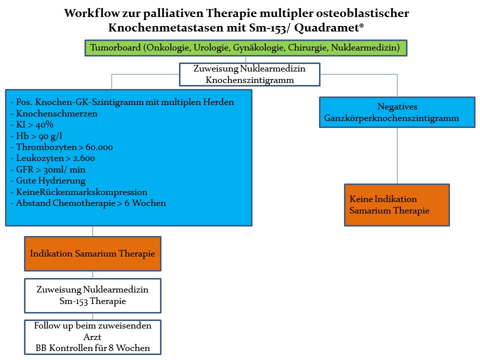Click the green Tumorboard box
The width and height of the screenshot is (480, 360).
click(x=246, y=48)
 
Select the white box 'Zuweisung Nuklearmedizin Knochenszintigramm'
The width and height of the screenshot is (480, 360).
click(x=249, y=74)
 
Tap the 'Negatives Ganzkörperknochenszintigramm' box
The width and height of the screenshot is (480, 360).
click(x=397, y=112)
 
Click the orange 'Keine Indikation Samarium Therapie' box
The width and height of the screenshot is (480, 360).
click(x=396, y=205)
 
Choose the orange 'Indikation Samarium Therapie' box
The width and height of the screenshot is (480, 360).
click(x=93, y=254)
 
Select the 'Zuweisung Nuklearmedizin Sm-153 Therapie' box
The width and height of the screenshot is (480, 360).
click(x=93, y=295)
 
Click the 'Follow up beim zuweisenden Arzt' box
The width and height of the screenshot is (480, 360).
click(x=93, y=337)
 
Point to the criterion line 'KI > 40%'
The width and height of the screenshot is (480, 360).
click(x=32, y=124)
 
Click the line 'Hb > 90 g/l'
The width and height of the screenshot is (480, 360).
click(x=36, y=136)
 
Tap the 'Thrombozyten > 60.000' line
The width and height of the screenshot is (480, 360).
click(x=62, y=147)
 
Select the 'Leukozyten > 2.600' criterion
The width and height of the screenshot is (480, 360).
click(x=52, y=158)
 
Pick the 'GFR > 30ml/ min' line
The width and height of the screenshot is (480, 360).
click(x=48, y=169)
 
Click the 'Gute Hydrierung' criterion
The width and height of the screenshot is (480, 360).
click(x=48, y=181)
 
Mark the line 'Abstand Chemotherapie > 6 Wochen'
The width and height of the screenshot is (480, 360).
click(x=88, y=203)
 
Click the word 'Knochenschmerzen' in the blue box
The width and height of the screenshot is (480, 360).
click(x=56, y=113)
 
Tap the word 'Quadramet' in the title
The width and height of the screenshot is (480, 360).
click(x=326, y=28)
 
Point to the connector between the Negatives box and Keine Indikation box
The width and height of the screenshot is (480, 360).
click(x=397, y=156)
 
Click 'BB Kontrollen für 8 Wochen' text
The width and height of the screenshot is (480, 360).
click(x=93, y=348)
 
